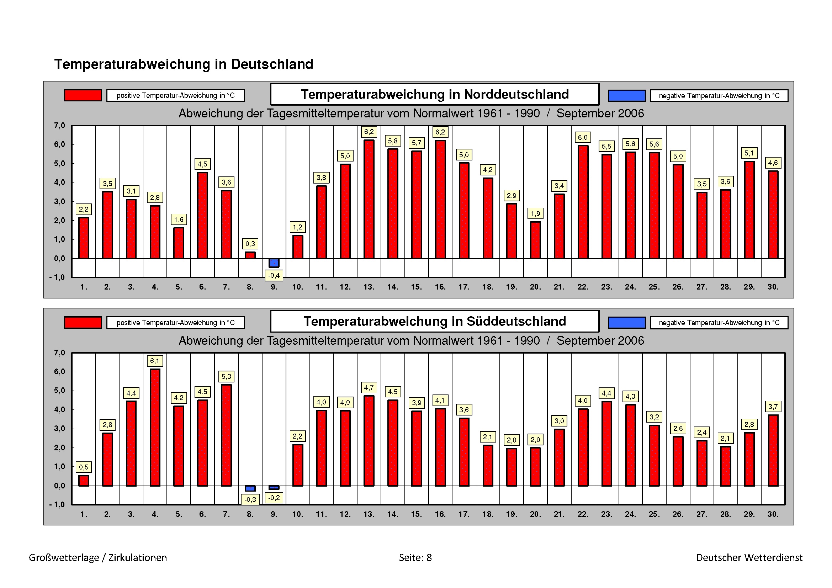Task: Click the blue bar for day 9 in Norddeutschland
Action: pyautogui.click(x=274, y=263)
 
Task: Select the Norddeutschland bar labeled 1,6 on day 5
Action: pyautogui.click(x=179, y=243)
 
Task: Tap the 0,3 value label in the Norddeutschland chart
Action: pyautogui.click(x=250, y=244)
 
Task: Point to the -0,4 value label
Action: pyautogui.click(x=274, y=276)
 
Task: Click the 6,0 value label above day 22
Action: pyautogui.click(x=583, y=137)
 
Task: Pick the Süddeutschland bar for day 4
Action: pyautogui.click(x=155, y=428)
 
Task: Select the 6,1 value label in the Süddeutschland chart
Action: pyautogui.click(x=155, y=361)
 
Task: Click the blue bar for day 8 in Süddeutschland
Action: pyautogui.click(x=250, y=488)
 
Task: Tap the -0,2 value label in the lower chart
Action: pyautogui.click(x=274, y=498)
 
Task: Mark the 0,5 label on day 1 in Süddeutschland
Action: pyautogui.click(x=84, y=467)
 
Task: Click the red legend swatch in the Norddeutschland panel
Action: pyautogui.click(x=83, y=95)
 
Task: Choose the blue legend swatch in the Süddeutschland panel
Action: pyautogui.click(x=626, y=322)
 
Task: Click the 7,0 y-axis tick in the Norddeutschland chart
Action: pyautogui.click(x=59, y=126)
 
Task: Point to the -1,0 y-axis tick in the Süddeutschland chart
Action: pyautogui.click(x=58, y=505)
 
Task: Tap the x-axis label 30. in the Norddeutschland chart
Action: pyautogui.click(x=773, y=287)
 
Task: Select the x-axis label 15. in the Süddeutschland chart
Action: pyautogui.click(x=417, y=514)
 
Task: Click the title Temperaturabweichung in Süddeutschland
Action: pyautogui.click(x=434, y=321)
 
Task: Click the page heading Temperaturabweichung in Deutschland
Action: pyautogui.click(x=184, y=64)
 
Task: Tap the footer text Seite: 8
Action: pyautogui.click(x=415, y=557)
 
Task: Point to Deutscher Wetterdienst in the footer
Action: pyautogui.click(x=749, y=557)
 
